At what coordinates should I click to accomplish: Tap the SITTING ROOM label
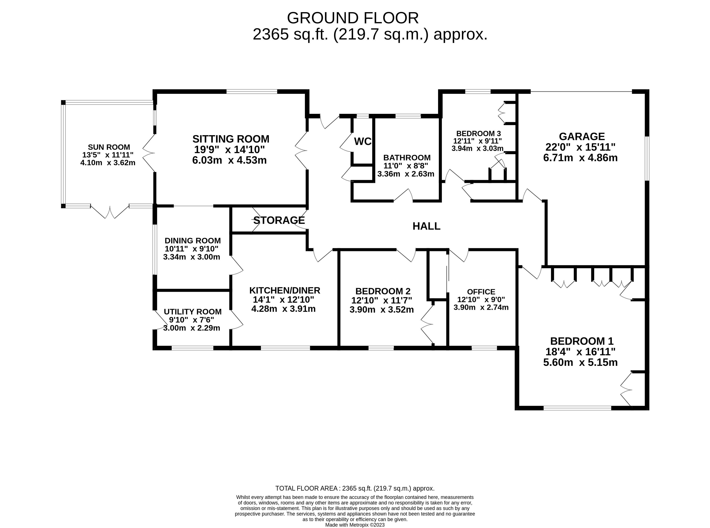pos(231,139)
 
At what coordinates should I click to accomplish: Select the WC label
pos(363,141)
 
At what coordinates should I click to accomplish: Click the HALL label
pos(426,226)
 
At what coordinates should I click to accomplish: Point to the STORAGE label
pos(279,220)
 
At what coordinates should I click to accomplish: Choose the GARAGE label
pos(582,137)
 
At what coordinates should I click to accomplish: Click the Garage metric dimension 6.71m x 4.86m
pos(580,158)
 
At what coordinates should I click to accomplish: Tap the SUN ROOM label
pos(109,147)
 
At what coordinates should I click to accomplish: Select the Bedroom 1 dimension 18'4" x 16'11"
pos(580,352)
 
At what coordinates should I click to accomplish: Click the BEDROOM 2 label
pos(383,291)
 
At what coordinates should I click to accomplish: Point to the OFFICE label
pos(481,292)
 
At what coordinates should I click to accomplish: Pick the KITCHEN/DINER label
pos(285,290)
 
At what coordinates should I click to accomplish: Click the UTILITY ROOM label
pos(193,312)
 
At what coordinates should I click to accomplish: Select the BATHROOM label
pos(407,158)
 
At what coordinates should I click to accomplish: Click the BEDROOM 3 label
pos(478,133)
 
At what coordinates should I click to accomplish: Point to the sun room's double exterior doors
pos(110,212)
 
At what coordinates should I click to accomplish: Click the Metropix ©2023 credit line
pos(355,525)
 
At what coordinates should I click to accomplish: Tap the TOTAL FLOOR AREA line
pos(355,488)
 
